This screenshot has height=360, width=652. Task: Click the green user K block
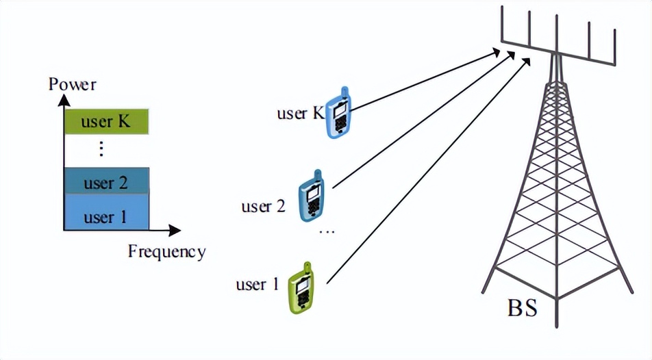(x=106, y=123)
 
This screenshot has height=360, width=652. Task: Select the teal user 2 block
(x=106, y=182)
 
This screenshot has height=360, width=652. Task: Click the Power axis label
(x=73, y=85)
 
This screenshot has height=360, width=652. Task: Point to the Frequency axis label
(x=166, y=251)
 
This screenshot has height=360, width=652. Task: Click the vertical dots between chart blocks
(x=101, y=149)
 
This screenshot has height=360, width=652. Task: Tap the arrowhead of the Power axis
(x=64, y=99)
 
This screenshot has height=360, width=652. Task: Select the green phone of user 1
(x=301, y=289)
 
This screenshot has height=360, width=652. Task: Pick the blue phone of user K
(x=339, y=114)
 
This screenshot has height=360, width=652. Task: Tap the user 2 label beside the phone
(x=263, y=205)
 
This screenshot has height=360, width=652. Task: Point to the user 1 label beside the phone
(x=258, y=283)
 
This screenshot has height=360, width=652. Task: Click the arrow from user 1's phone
(x=428, y=171)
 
